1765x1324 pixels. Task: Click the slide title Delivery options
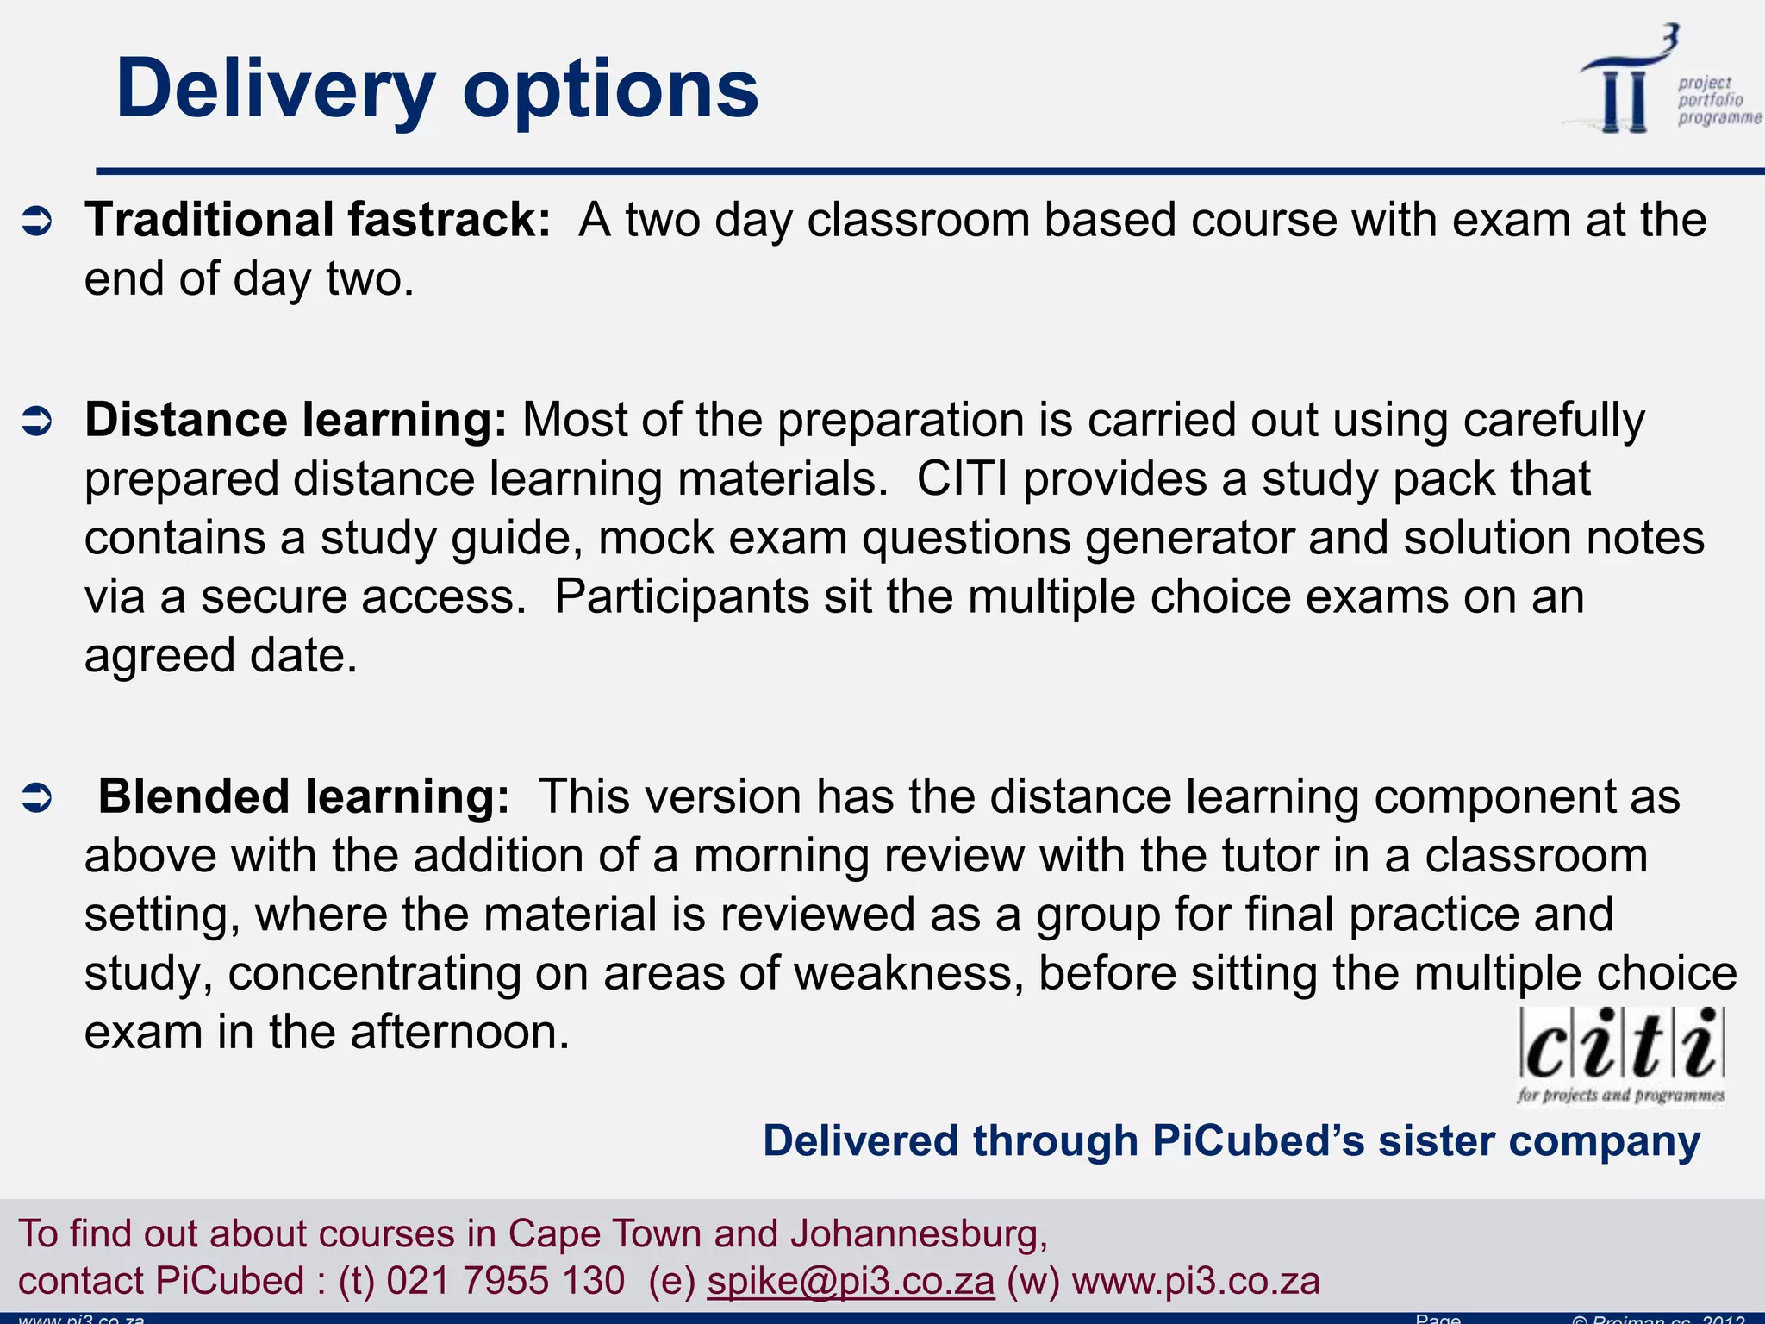click(x=437, y=88)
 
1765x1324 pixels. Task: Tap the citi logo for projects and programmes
click(x=1621, y=1055)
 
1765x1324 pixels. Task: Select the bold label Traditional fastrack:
click(x=317, y=220)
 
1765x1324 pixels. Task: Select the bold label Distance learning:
click(x=296, y=420)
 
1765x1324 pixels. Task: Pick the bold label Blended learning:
click(x=303, y=796)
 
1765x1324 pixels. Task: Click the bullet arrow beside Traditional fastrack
click(x=37, y=222)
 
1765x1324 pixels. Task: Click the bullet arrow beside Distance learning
click(x=37, y=422)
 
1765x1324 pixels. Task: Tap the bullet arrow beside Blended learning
click(x=37, y=798)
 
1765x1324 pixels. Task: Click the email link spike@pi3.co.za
click(x=851, y=1281)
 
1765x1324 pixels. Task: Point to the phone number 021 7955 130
click(x=505, y=1281)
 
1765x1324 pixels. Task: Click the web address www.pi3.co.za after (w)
click(x=1195, y=1281)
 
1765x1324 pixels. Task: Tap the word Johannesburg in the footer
click(x=918, y=1233)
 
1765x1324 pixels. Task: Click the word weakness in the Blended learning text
click(x=907, y=973)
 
